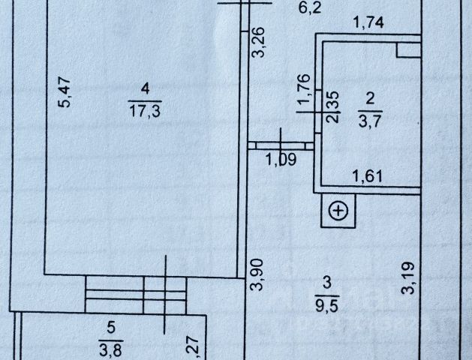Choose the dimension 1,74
click(x=368, y=23)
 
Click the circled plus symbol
click(x=338, y=211)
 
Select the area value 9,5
click(x=326, y=304)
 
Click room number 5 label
click(x=111, y=327)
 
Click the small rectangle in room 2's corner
click(x=407, y=49)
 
